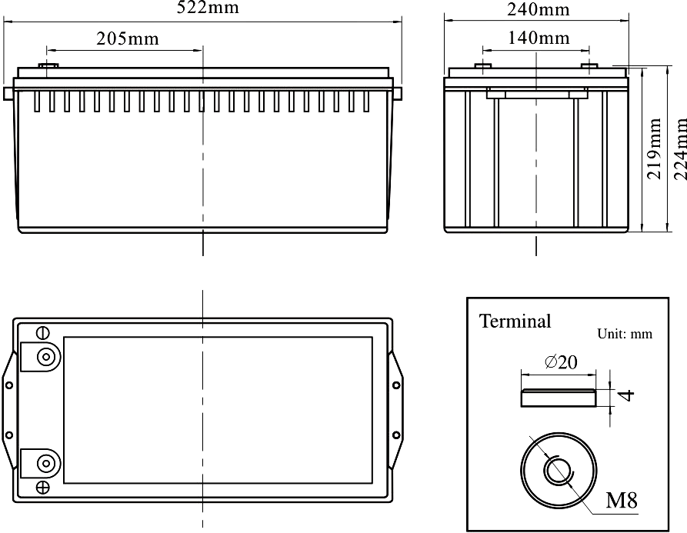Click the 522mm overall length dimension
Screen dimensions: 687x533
tap(208, 8)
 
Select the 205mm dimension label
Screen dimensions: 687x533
tap(128, 38)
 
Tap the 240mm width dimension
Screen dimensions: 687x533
tap(539, 9)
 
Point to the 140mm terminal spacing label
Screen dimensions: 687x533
tap(539, 38)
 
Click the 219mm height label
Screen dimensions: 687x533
tap(654, 142)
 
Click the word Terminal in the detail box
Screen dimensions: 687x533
tap(515, 321)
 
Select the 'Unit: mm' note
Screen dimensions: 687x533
tap(625, 334)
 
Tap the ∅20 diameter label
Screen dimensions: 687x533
tap(561, 362)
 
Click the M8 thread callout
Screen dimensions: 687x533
tap(622, 500)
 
